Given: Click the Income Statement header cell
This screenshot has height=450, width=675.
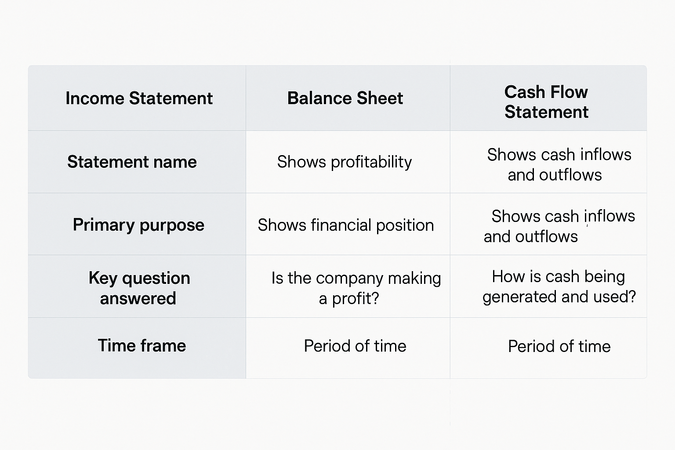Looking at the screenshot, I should (139, 98).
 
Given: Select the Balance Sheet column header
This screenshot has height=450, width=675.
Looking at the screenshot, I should (345, 98).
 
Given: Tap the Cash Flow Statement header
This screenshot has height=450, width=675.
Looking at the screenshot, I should (546, 102).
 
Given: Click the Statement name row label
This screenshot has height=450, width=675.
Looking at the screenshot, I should (132, 162).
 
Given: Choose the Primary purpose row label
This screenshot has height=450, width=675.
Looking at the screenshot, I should (138, 225).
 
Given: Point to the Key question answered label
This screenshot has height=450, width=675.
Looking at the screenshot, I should (139, 288).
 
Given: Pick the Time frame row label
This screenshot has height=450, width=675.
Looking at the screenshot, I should (142, 346).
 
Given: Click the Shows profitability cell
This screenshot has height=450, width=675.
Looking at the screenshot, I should (345, 162).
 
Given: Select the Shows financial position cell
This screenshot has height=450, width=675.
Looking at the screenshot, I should (345, 225).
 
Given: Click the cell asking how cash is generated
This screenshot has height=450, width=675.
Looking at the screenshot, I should (559, 287).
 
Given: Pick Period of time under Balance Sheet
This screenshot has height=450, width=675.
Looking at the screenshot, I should (355, 346).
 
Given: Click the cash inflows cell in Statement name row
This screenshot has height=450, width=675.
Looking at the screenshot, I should (559, 164).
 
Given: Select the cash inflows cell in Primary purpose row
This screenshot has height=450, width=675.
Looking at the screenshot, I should (559, 226).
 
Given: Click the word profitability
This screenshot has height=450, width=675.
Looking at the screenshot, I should (371, 162).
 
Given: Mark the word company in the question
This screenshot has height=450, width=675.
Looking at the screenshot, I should (349, 279).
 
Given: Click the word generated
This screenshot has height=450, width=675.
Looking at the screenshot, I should (519, 297).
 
